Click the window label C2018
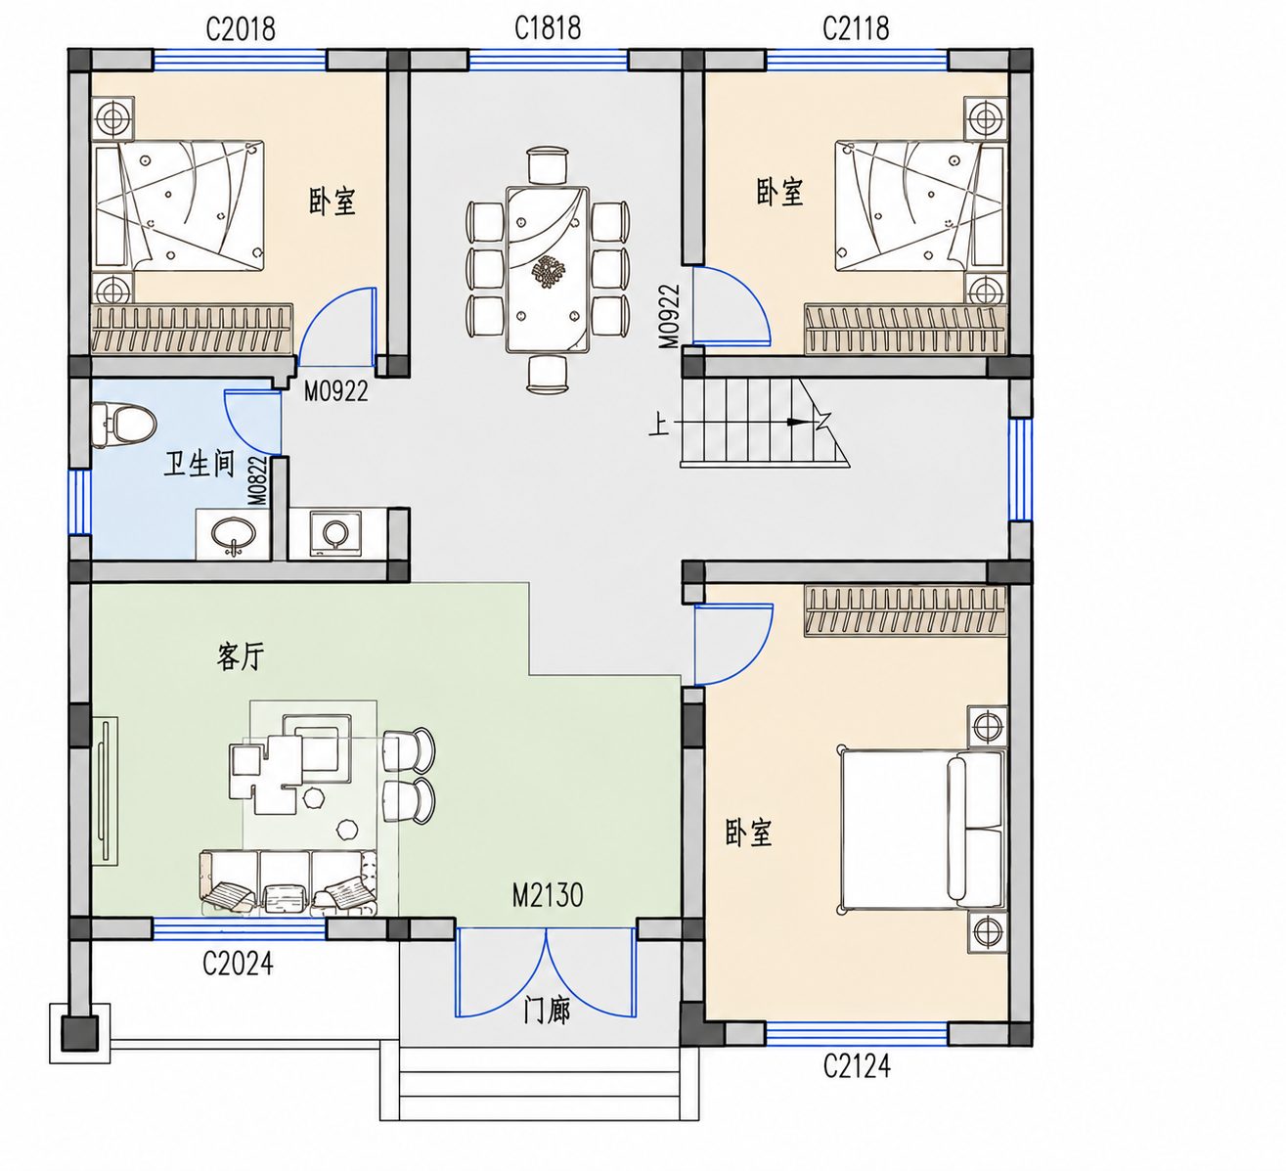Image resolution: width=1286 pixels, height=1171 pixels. [241, 28]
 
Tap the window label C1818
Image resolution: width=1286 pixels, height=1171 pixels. [548, 28]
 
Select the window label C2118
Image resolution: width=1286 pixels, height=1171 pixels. [856, 28]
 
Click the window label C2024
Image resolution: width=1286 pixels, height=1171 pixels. [238, 964]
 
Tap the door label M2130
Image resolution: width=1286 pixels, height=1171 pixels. [548, 896]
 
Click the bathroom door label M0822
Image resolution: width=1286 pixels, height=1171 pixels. [258, 481]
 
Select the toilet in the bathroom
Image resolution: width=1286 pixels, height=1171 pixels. [124, 425]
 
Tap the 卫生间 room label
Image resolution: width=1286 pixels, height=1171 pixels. [200, 463]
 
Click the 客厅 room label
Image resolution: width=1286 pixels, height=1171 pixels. [241, 656]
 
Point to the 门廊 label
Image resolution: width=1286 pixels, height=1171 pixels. [547, 1012]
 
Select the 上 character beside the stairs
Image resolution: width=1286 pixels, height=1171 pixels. [658, 424]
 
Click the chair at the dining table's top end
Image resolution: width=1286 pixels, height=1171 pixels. [548, 165]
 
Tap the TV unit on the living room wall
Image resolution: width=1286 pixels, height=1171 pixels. [106, 791]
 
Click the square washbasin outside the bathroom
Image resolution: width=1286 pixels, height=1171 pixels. [335, 533]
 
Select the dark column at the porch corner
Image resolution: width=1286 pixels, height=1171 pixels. [79, 1033]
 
